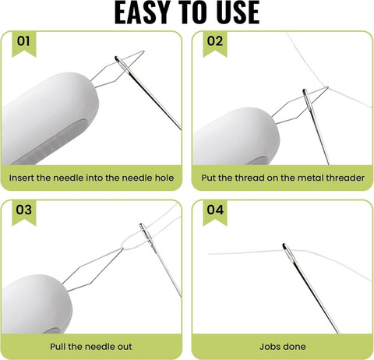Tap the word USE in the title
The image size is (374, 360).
pos(238,12)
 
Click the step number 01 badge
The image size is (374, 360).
pos(24,43)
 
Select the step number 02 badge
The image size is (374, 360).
pos(215,43)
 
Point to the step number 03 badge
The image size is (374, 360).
pos(24,212)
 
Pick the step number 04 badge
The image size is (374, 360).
pos(215,212)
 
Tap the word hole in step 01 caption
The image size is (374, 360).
pos(164,178)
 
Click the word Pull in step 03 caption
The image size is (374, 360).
pos(58,347)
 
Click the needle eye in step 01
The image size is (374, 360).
pos(122,63)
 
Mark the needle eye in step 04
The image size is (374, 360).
pos(287,250)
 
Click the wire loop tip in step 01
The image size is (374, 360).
pos(143,51)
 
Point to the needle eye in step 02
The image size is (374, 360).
pos(306,97)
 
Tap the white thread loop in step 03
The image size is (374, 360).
pos(133,240)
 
